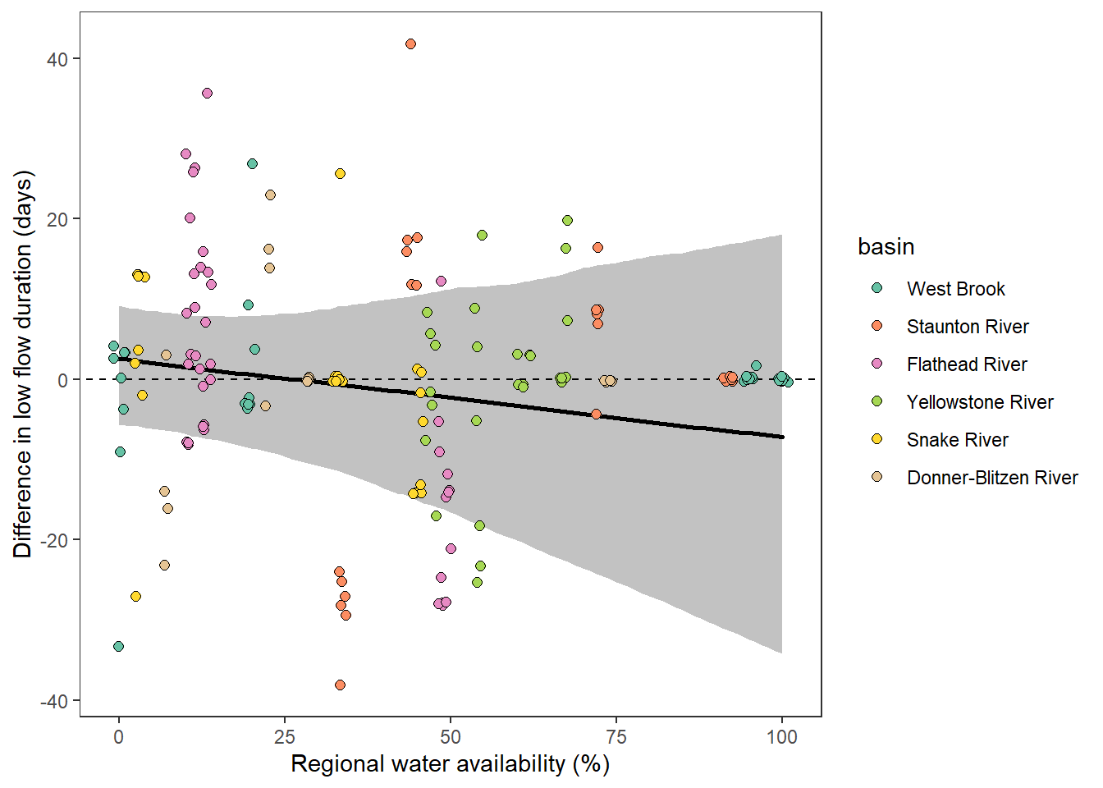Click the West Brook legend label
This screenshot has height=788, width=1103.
[x=955, y=289]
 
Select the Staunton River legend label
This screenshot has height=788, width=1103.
[x=967, y=327]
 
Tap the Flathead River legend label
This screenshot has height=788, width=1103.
[x=966, y=364]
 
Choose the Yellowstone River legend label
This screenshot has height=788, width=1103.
[x=979, y=402]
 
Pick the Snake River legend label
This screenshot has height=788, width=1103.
[x=957, y=440]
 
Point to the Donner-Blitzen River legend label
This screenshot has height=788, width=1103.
[x=991, y=478]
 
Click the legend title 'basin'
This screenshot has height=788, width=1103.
[x=886, y=246]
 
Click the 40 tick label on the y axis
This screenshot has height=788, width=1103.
[x=58, y=59]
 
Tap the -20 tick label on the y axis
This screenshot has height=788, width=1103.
[x=55, y=540]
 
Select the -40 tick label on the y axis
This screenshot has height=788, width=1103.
[x=55, y=701]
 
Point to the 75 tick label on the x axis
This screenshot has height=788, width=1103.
[x=616, y=737]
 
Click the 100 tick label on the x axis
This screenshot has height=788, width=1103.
[x=781, y=737]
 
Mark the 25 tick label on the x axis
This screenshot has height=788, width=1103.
[x=285, y=737]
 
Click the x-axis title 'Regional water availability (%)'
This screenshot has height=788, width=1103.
[x=450, y=764]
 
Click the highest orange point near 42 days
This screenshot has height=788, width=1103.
[x=410, y=44]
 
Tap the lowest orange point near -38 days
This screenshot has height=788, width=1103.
[x=340, y=685]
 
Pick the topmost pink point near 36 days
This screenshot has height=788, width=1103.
[x=207, y=94]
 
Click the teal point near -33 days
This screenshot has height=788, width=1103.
[x=118, y=647]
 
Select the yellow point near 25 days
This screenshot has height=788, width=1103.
[x=340, y=174]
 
